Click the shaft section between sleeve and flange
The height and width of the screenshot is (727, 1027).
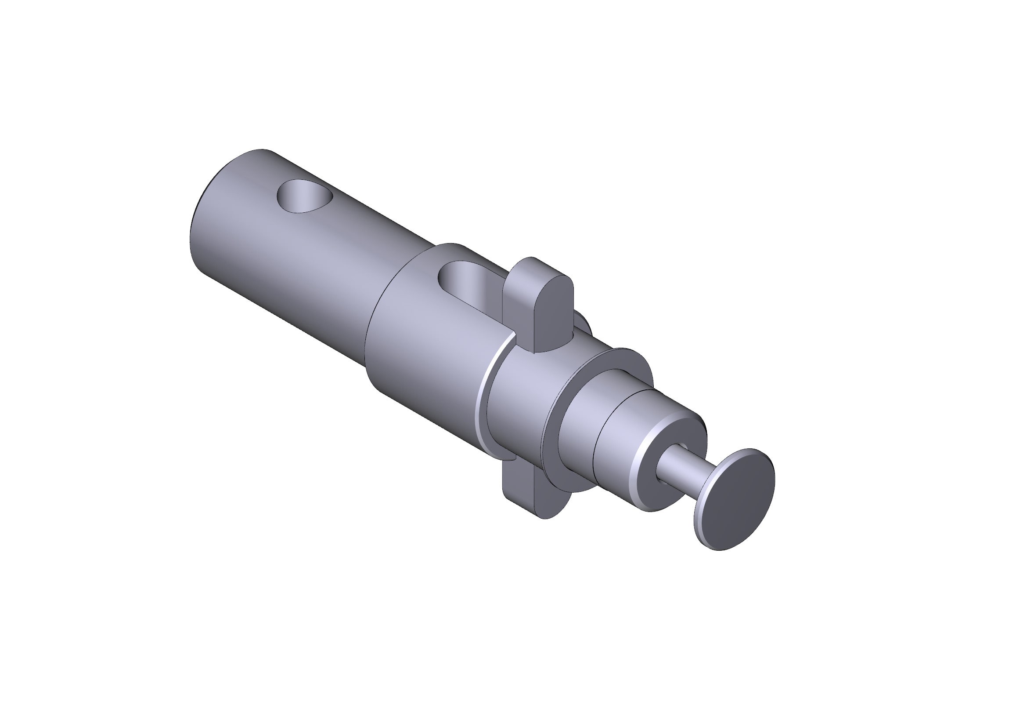click(x=523, y=403)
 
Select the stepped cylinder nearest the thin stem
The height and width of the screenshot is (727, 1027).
click(x=626, y=430)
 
